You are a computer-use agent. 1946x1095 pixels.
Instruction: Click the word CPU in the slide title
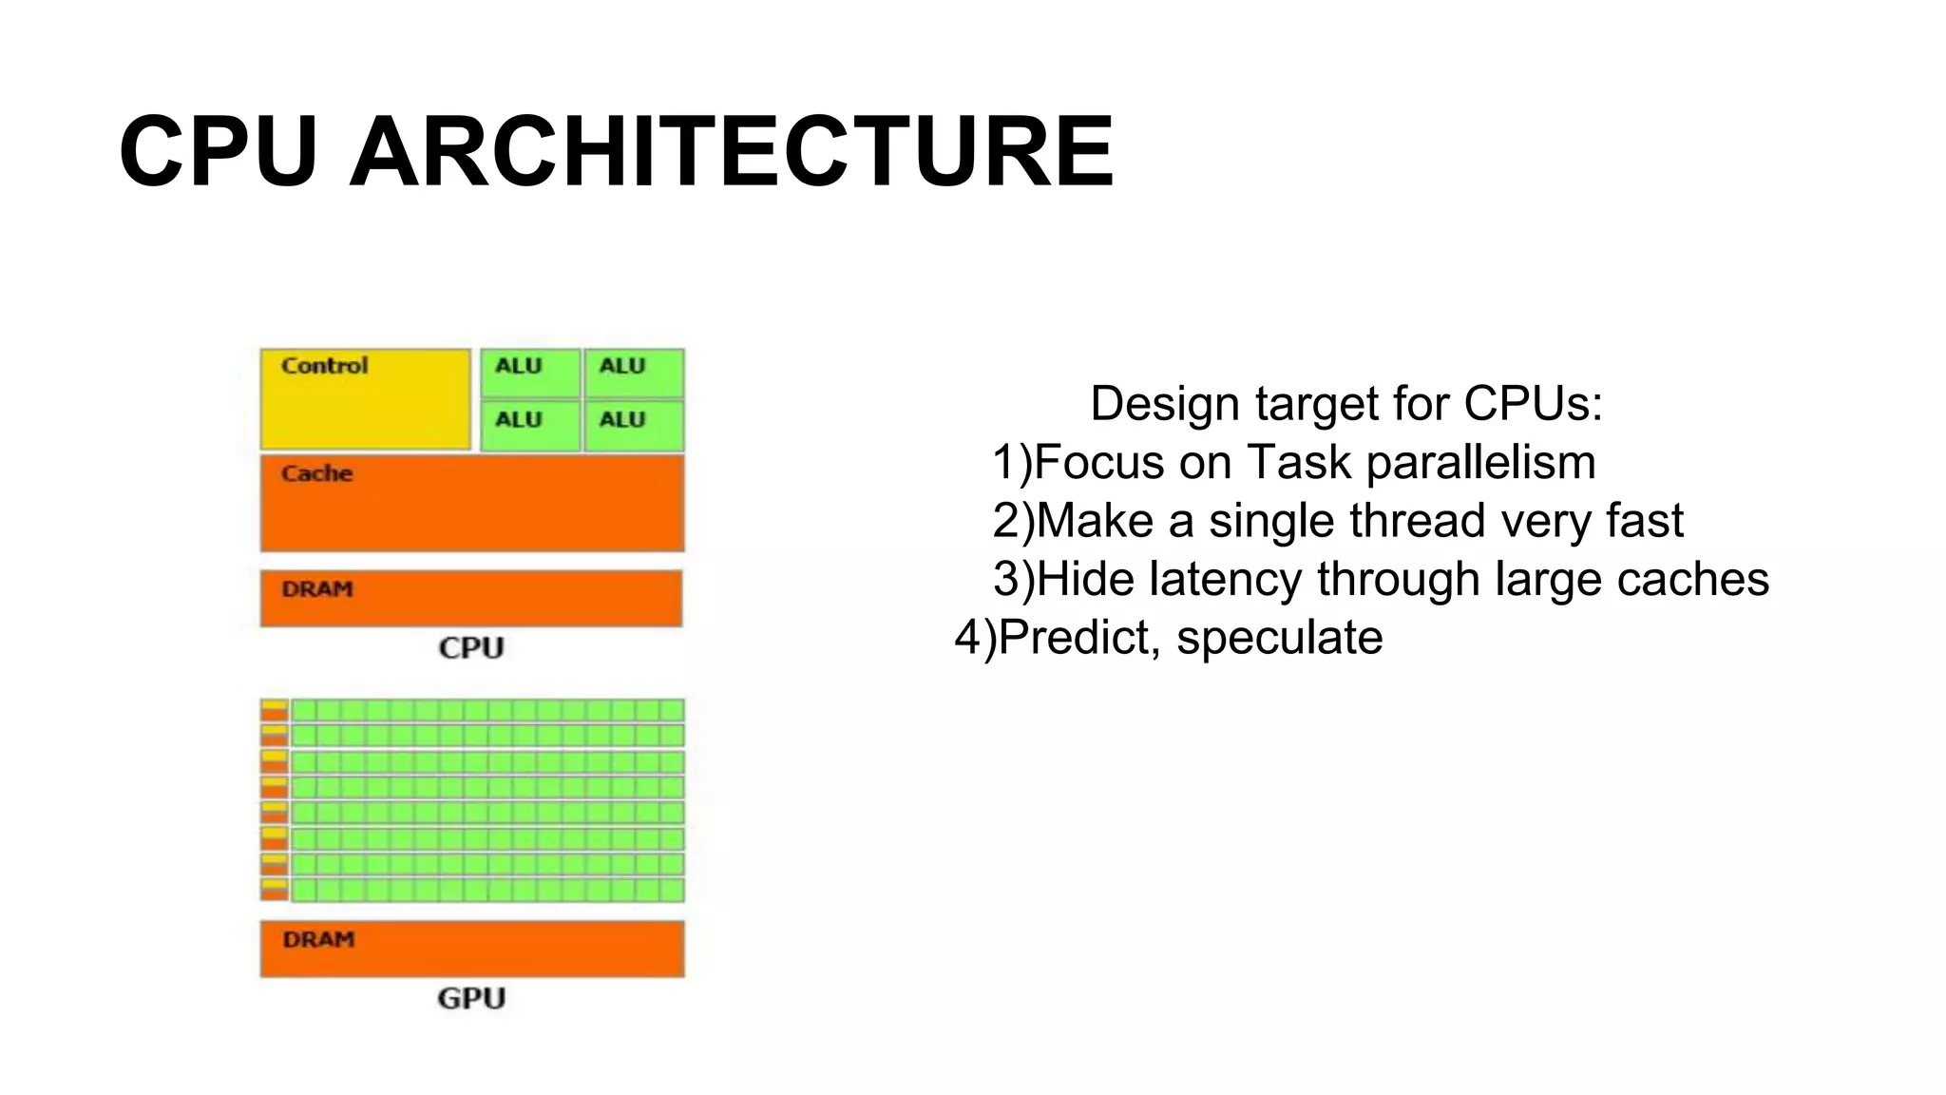point(218,152)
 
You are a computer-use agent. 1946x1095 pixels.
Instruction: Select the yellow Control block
point(366,399)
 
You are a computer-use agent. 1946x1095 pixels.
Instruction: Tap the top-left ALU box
point(530,373)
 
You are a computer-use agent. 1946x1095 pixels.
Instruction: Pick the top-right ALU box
point(634,373)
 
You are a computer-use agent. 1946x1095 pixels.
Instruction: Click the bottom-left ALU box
point(530,425)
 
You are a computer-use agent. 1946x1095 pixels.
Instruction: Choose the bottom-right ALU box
point(634,425)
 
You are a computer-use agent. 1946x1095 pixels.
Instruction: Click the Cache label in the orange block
point(316,473)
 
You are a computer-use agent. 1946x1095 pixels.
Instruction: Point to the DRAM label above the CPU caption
point(317,589)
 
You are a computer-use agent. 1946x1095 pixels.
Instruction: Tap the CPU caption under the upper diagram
point(471,648)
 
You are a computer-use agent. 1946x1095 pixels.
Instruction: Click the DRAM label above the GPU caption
point(318,940)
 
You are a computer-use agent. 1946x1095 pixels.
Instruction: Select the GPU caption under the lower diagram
point(471,999)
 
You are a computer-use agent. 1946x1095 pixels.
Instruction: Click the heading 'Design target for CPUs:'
point(1345,403)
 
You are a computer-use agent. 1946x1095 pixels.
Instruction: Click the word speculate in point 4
point(1279,638)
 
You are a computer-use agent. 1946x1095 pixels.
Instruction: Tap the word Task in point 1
point(1298,463)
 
